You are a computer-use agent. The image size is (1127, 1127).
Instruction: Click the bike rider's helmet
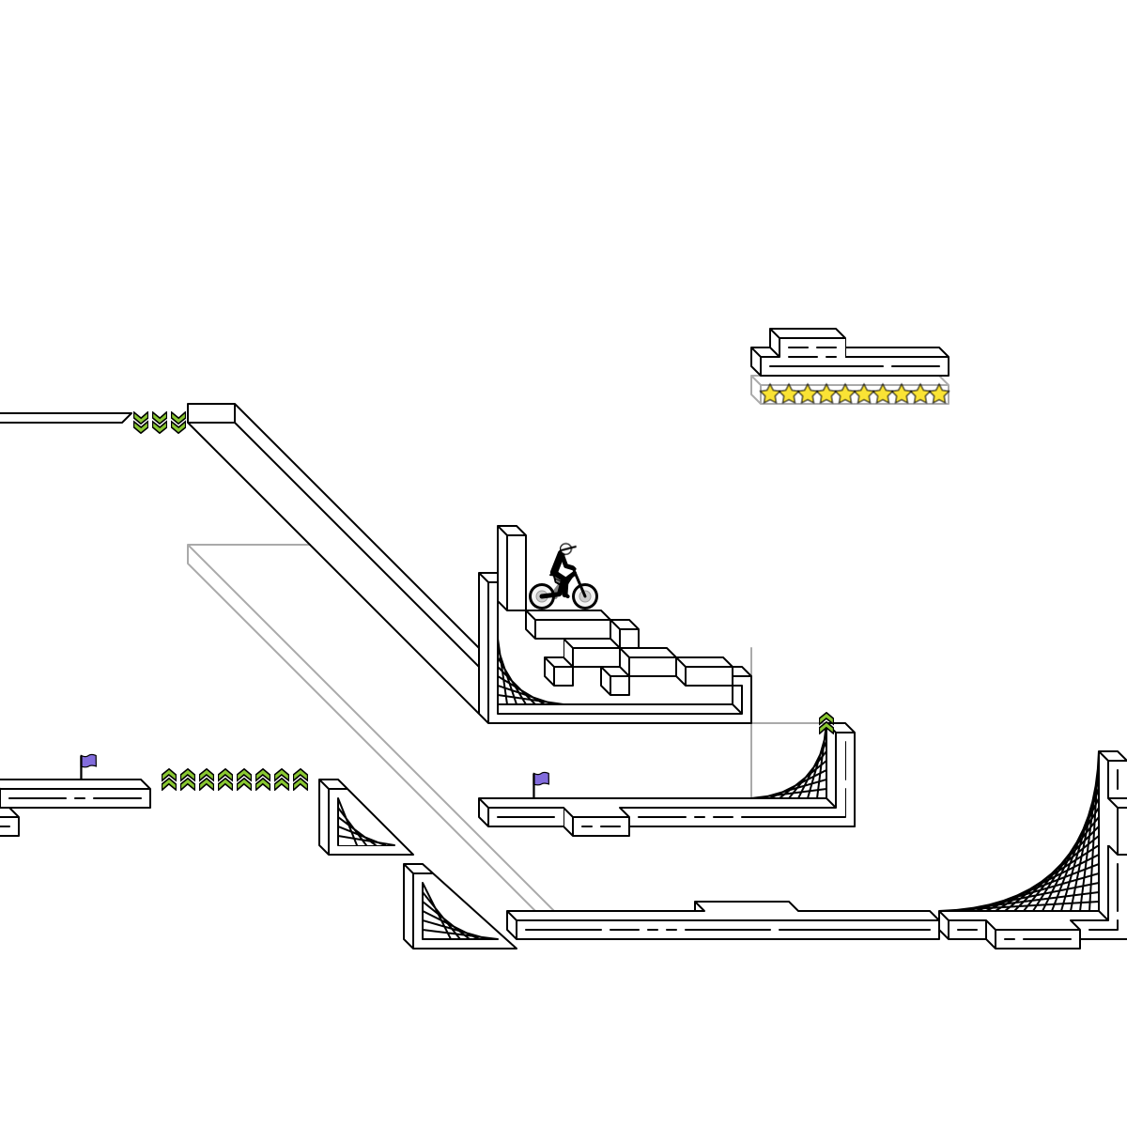pos(565,548)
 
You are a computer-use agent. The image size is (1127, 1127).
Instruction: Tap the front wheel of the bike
pos(584,595)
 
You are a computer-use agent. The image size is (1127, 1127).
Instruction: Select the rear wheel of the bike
pos(542,595)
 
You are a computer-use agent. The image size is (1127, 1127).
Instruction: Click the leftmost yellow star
pos(770,394)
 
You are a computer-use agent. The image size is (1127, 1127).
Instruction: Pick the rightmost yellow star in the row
pos(939,394)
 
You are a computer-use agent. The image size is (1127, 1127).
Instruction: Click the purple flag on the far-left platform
pos(88,761)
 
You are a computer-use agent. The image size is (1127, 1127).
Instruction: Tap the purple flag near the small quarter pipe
pos(541,779)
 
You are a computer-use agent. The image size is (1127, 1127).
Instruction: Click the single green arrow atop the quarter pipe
pos(826,723)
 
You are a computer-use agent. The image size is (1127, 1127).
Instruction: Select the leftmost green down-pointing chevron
pos(141,423)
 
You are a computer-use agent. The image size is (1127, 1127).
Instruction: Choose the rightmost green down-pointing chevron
pos(178,423)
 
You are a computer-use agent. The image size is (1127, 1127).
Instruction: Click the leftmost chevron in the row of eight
pos(169,780)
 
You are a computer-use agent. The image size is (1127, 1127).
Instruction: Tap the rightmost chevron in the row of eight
pos(301,780)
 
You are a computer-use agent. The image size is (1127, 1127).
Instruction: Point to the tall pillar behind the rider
pos(512,568)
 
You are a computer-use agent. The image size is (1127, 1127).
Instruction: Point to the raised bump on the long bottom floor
pos(747,906)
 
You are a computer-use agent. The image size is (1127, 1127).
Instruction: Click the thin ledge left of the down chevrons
pos(61,418)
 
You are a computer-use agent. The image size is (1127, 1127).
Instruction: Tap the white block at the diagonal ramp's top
pos(211,413)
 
